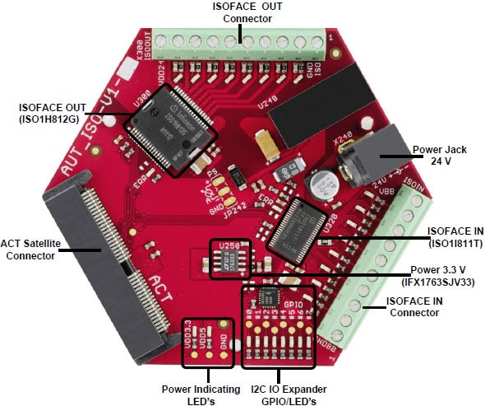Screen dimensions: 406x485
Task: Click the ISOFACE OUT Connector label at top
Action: (x=247, y=12)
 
